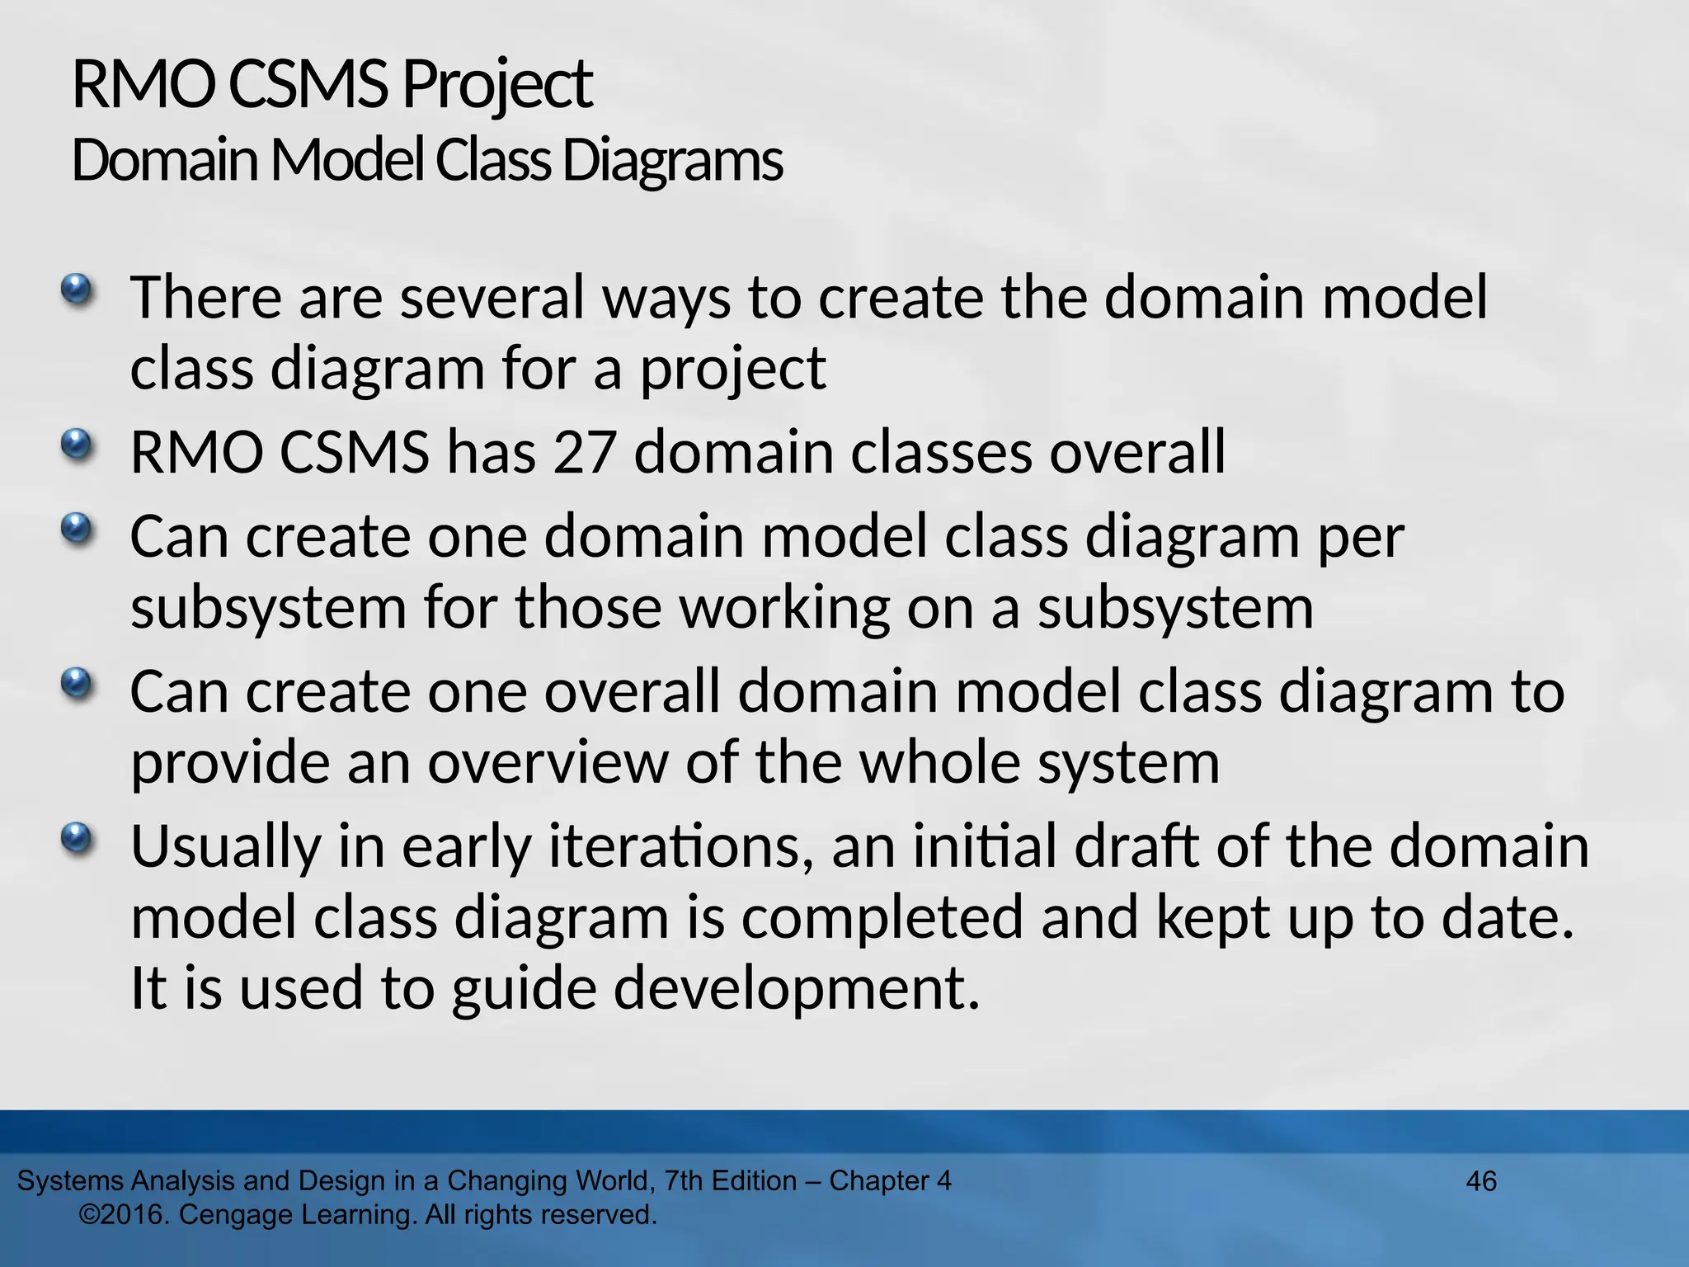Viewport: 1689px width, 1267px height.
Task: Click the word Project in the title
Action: [496, 86]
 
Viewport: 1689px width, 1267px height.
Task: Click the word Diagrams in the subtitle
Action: [672, 160]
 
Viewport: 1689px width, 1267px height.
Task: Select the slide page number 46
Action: [1481, 1181]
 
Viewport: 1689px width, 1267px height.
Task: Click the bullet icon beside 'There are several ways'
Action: [77, 290]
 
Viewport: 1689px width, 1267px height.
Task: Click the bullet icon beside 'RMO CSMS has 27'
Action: [77, 445]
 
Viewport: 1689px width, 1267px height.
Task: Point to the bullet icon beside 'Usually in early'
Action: [77, 839]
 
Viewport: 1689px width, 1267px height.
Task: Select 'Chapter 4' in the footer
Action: [890, 1181]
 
